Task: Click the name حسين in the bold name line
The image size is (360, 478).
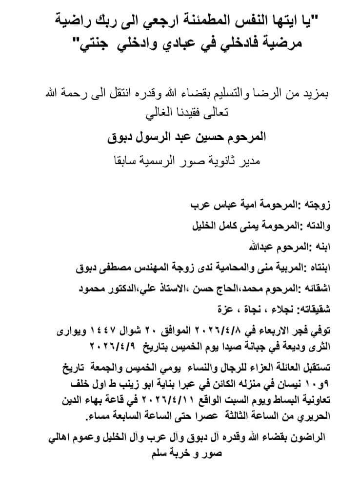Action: tap(200, 137)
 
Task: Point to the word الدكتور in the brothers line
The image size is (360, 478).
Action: tap(114, 288)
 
